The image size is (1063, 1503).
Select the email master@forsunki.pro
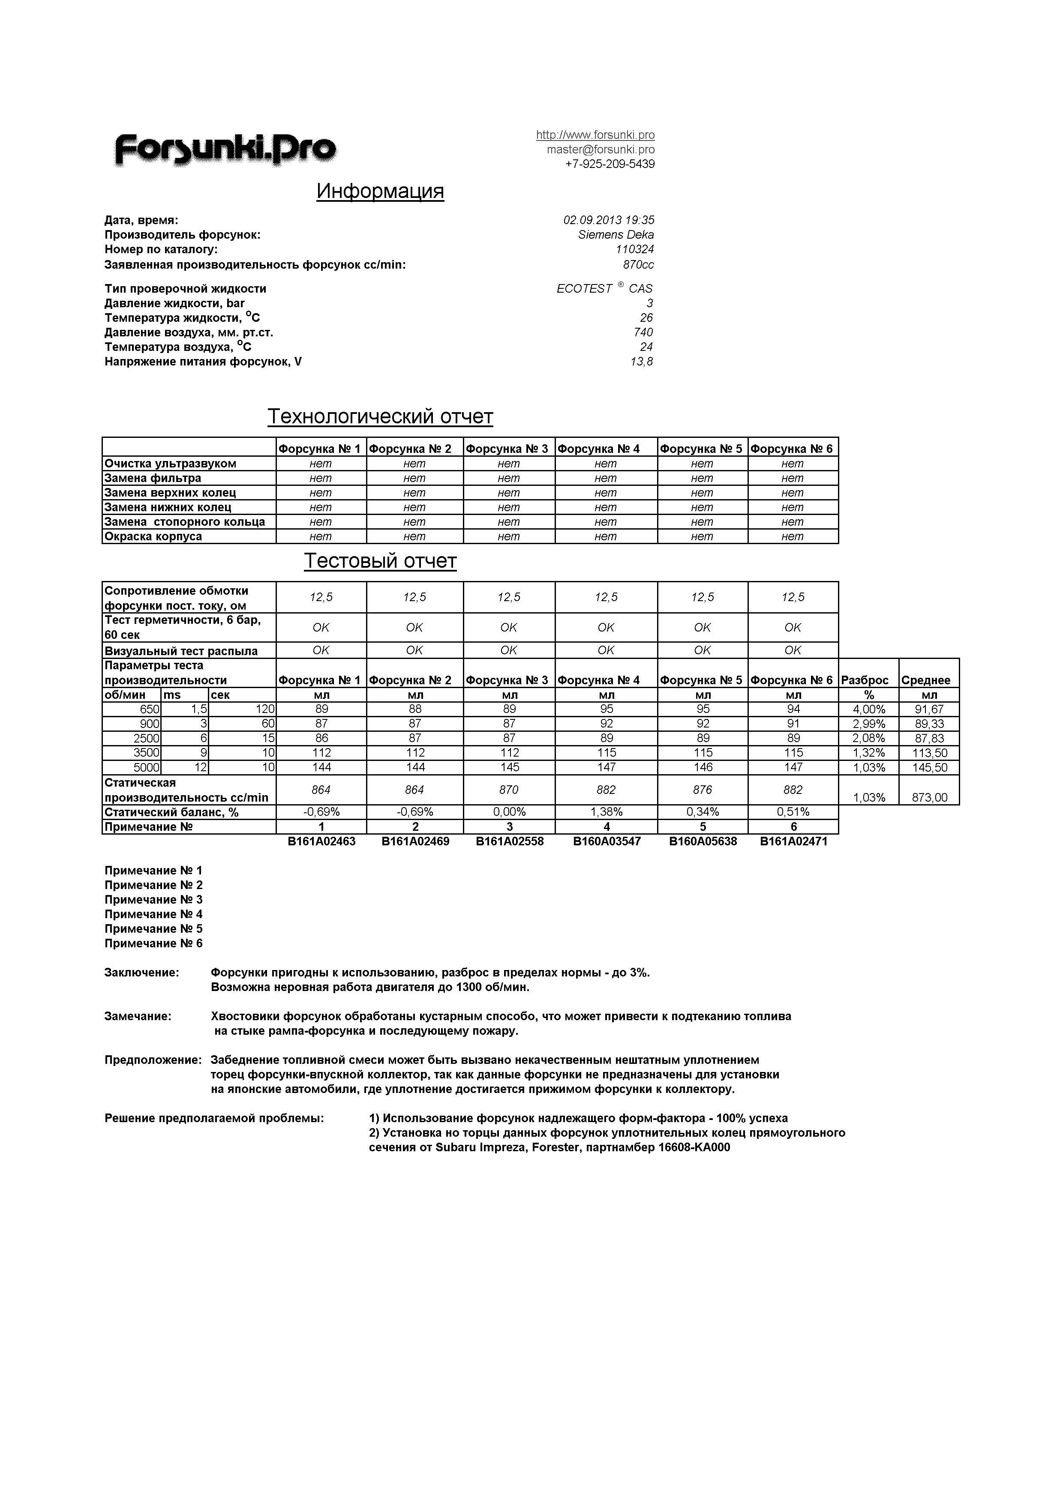coord(600,149)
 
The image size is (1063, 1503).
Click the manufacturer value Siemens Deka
coord(615,234)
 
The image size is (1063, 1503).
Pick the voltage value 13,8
coord(641,361)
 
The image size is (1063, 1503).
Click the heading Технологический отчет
coord(380,416)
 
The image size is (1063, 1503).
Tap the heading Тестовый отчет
coord(380,561)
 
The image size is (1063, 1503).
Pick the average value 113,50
coord(929,753)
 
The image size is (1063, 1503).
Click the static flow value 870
coord(509,790)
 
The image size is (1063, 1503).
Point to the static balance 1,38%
coord(606,812)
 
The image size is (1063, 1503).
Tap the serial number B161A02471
coord(793,841)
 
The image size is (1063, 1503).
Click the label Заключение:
coord(141,973)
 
